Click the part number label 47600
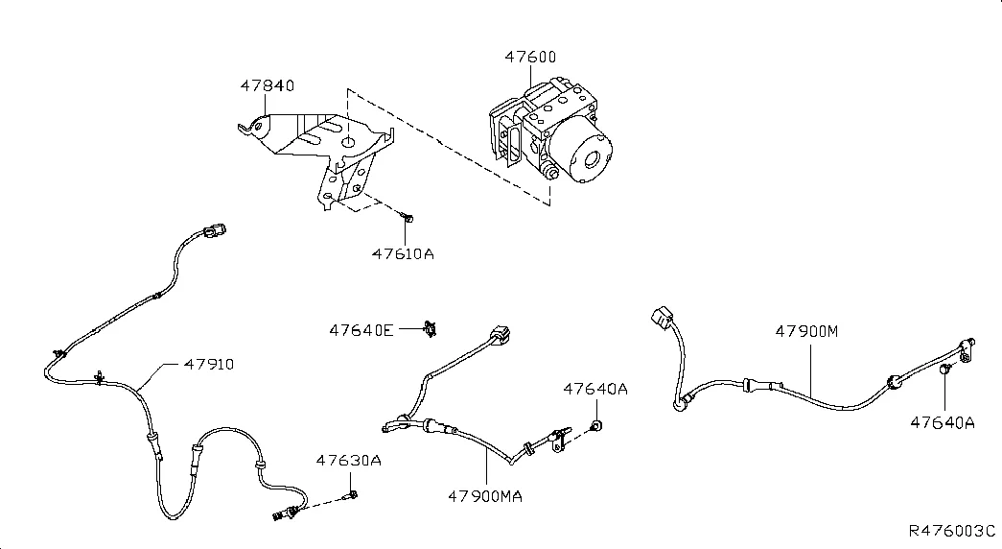click(530, 58)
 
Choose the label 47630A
click(349, 461)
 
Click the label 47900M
click(806, 332)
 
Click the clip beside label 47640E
click(431, 330)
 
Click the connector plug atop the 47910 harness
click(217, 229)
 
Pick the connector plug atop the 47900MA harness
click(501, 336)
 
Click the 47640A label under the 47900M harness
click(943, 422)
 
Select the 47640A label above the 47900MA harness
click(595, 389)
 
